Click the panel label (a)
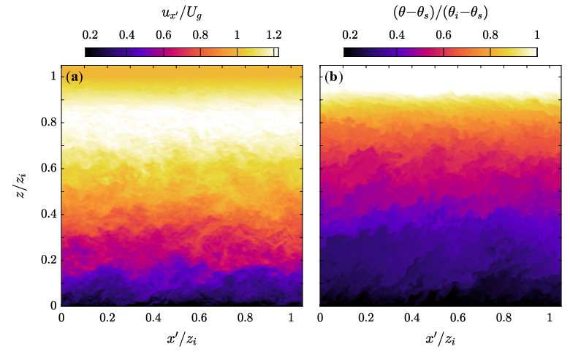pyautogui.click(x=75, y=77)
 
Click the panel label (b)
pyautogui.click(x=333, y=77)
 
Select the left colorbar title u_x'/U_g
pyautogui.click(x=181, y=14)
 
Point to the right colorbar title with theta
pyautogui.click(x=440, y=13)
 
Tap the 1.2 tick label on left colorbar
pyautogui.click(x=274, y=35)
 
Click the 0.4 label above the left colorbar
pyautogui.click(x=126, y=35)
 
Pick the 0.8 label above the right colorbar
pyautogui.click(x=490, y=35)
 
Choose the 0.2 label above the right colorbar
pyautogui.click(x=350, y=35)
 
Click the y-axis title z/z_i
pyautogui.click(x=20, y=185)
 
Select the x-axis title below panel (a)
pyautogui.click(x=182, y=340)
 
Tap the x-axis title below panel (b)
pyautogui.click(x=440, y=340)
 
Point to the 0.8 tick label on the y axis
pyautogui.click(x=49, y=123)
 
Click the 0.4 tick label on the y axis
pyautogui.click(x=49, y=214)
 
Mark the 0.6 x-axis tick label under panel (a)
pyautogui.click(x=199, y=318)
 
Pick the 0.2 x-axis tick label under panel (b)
pyautogui.click(x=365, y=318)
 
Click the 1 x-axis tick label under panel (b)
pyautogui.click(x=550, y=318)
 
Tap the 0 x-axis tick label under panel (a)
pyautogui.click(x=61, y=318)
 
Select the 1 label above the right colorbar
pyautogui.click(x=537, y=35)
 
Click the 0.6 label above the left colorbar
pyautogui.click(x=164, y=35)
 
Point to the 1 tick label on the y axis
pyautogui.click(x=53, y=76)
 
